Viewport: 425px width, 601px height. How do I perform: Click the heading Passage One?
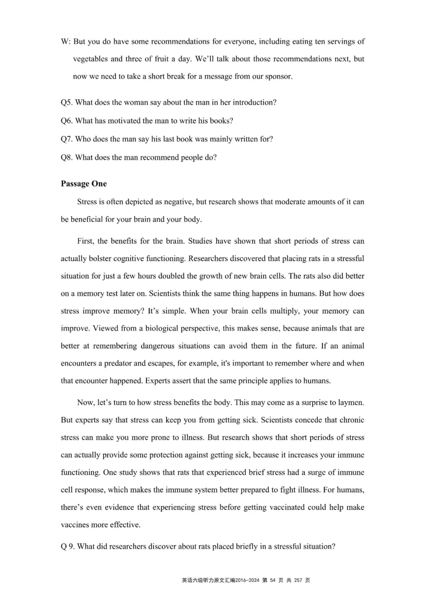coord(83,184)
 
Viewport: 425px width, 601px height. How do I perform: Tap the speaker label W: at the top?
coord(66,41)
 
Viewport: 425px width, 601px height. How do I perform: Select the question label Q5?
coord(67,102)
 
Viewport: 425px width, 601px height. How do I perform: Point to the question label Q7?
coord(67,139)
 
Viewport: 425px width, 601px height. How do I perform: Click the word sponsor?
coord(277,76)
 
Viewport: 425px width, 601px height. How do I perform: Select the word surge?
coord(303,472)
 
